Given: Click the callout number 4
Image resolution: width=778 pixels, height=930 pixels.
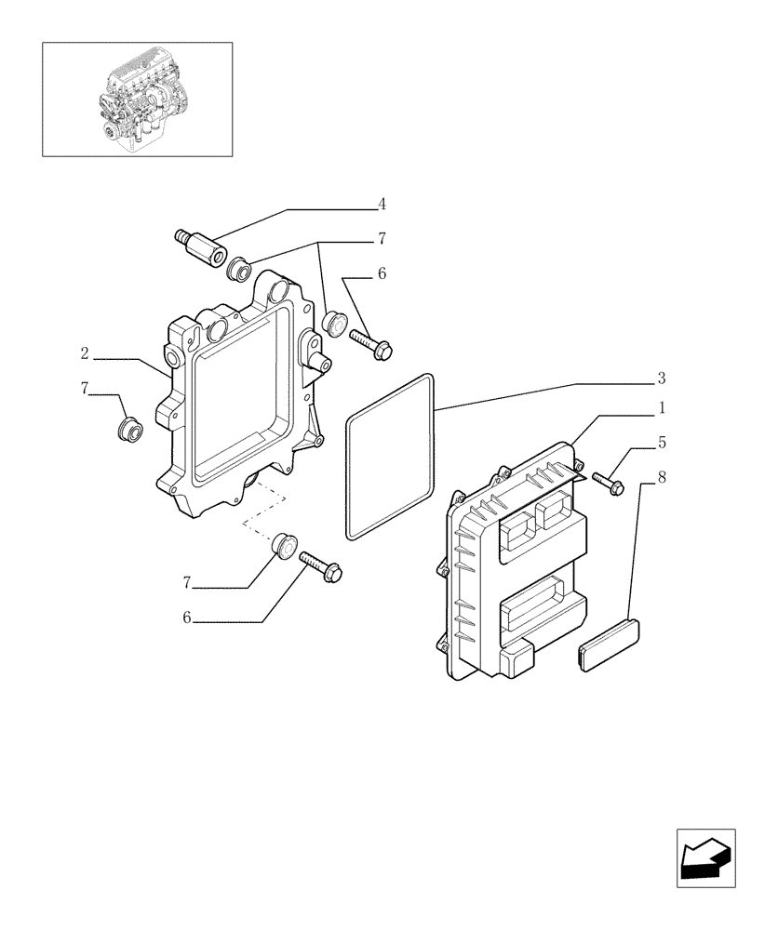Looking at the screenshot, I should [382, 204].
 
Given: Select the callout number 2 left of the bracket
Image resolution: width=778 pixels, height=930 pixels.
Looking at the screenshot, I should [85, 353].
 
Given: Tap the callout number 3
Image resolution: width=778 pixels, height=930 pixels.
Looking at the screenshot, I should [661, 379].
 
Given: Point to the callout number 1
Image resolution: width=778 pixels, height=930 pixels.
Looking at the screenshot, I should [661, 407].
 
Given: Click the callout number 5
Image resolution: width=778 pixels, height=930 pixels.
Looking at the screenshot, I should [661, 443].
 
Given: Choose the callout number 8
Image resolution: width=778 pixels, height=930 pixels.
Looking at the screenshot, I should [661, 478].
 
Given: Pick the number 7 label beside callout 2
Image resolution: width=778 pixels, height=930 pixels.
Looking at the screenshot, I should [85, 388].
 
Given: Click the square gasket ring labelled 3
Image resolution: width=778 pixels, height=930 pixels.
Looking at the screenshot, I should [391, 456].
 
